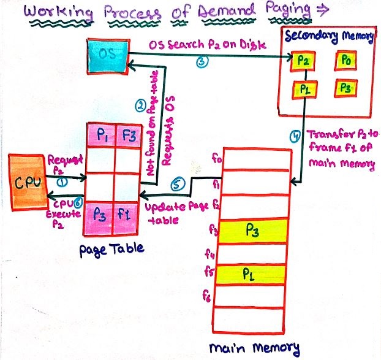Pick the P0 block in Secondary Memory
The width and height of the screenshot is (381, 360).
click(345, 61)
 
